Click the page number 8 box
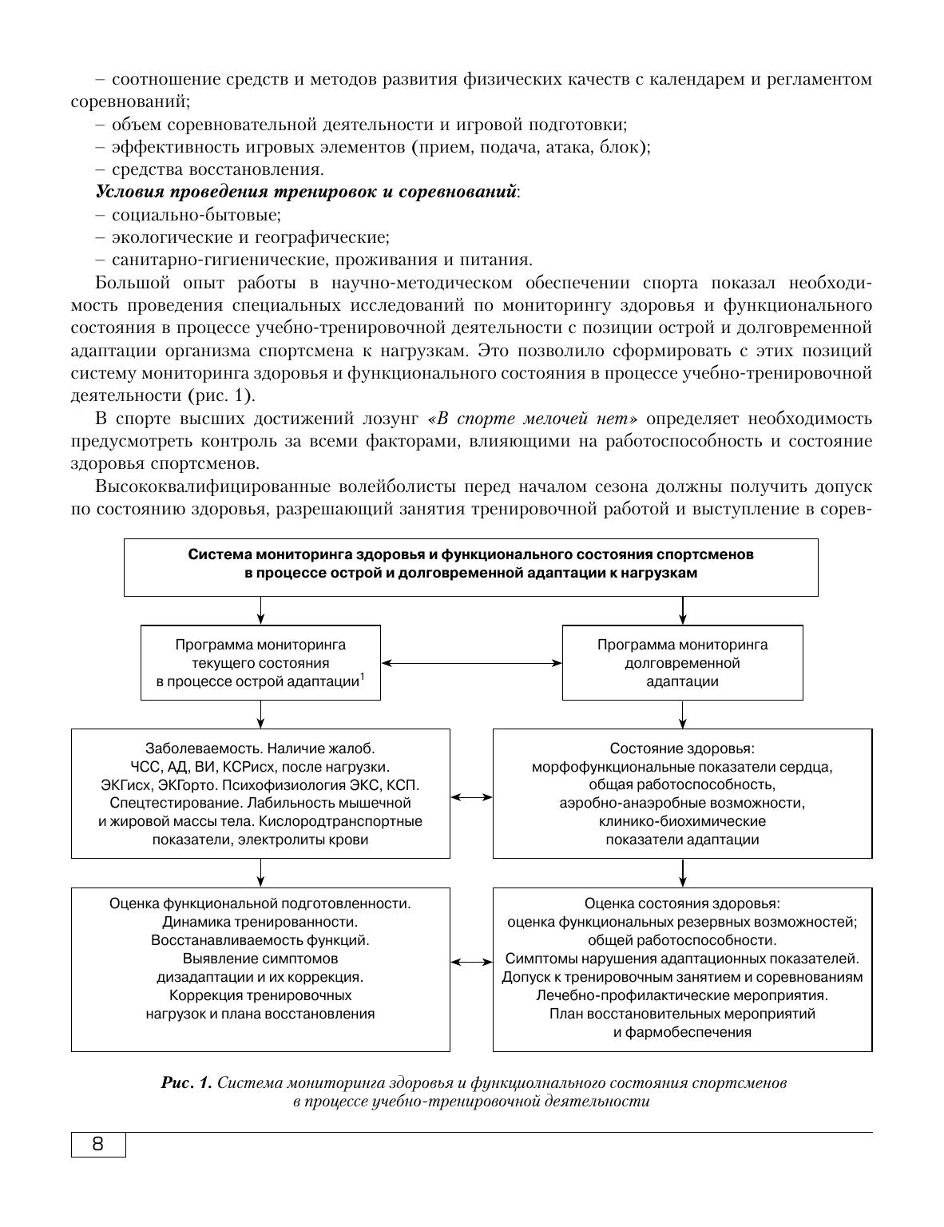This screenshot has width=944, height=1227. click(98, 1144)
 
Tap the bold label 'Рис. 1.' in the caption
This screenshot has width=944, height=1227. click(186, 1083)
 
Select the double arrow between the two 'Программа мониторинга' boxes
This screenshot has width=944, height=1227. click(471, 663)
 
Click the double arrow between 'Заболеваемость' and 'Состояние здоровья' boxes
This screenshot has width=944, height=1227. click(471, 796)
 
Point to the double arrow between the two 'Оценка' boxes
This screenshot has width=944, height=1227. click(471, 963)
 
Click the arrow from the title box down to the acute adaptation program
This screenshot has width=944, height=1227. click(260, 610)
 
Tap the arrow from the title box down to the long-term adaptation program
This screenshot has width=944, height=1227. click(682, 610)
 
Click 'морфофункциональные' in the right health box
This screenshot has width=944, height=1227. click(606, 767)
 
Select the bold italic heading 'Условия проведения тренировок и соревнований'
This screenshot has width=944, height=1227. click(306, 192)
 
